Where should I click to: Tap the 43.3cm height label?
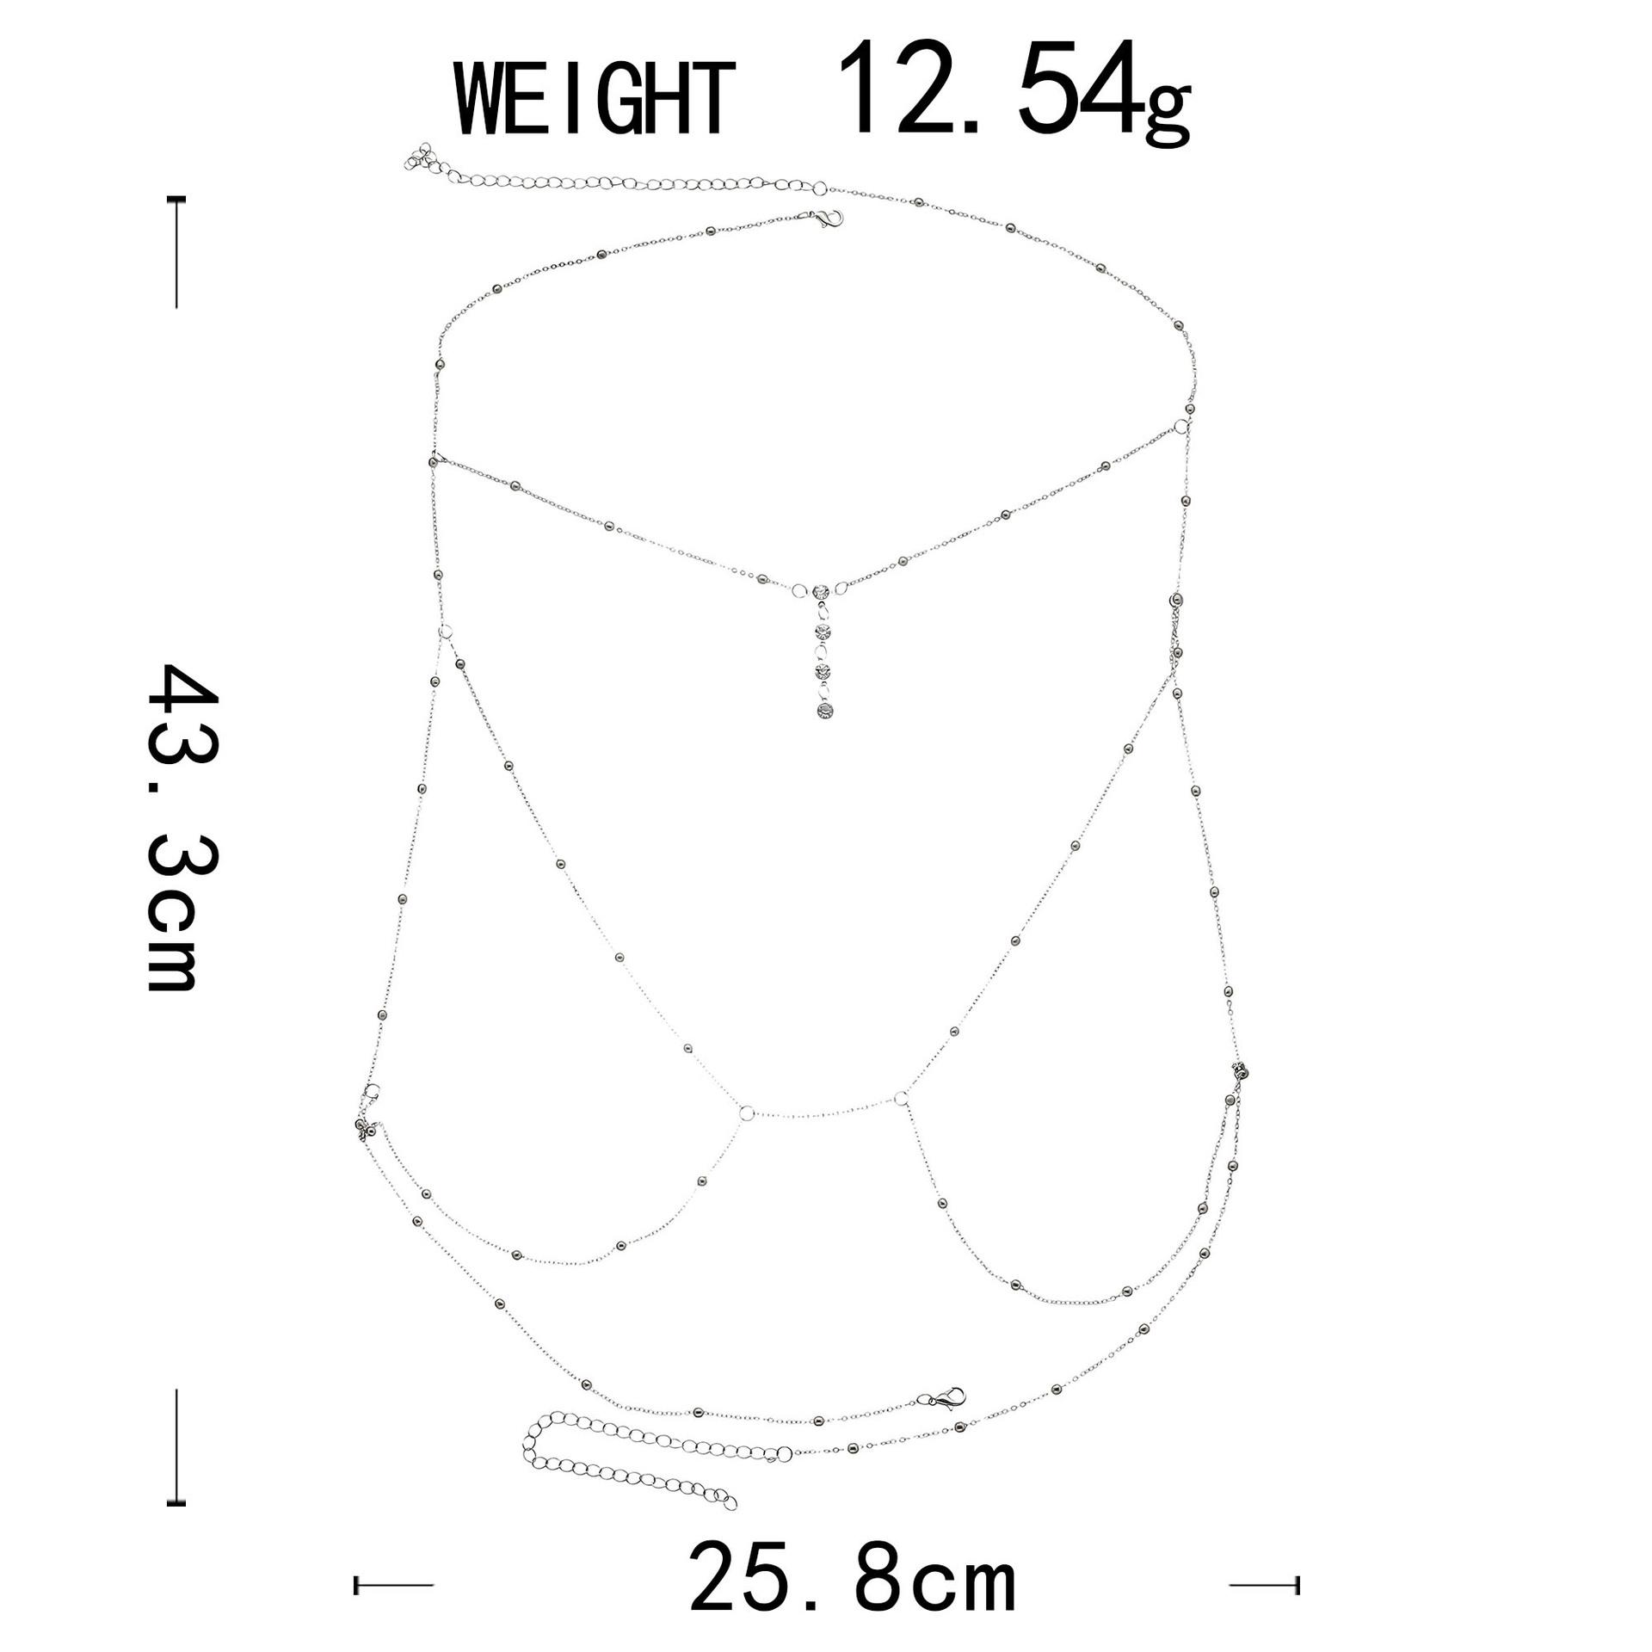[x=182, y=827]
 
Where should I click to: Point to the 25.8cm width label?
[x=853, y=1579]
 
